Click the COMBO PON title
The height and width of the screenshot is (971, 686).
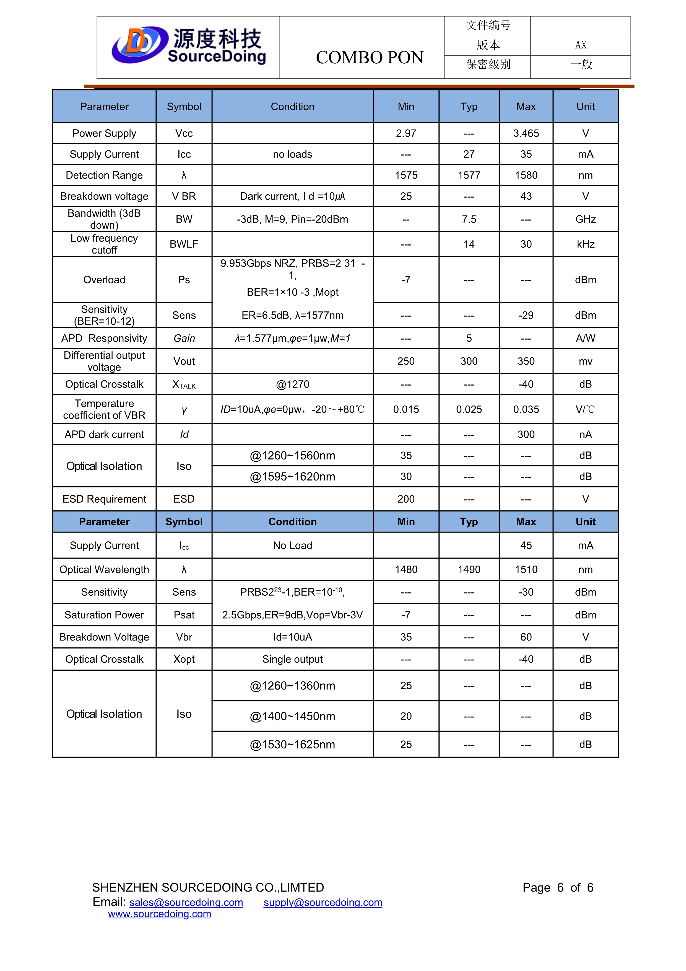click(x=370, y=58)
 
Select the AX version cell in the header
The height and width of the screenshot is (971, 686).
click(x=580, y=45)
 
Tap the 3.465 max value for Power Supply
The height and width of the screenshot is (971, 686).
click(x=526, y=134)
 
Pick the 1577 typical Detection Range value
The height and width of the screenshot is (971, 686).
click(x=469, y=175)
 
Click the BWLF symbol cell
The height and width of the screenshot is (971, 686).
click(x=184, y=244)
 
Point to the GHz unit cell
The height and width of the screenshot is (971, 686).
click(x=585, y=219)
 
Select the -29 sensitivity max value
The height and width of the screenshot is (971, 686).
click(x=526, y=316)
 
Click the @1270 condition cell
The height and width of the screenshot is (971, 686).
click(x=292, y=384)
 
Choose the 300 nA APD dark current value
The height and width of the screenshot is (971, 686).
click(x=526, y=435)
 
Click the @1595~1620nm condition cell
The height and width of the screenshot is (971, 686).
click(x=292, y=477)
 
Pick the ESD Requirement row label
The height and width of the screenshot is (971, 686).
click(x=104, y=499)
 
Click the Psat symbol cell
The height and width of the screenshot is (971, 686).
click(x=184, y=615)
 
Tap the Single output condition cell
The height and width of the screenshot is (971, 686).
click(x=292, y=660)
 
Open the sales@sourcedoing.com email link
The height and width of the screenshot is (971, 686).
click(x=186, y=902)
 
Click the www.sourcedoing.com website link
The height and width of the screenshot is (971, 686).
click(x=159, y=914)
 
